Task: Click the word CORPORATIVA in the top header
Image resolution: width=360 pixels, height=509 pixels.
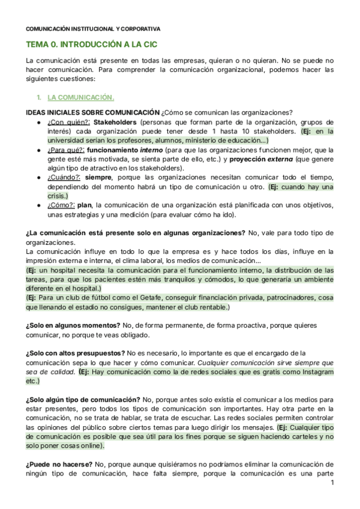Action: (148, 28)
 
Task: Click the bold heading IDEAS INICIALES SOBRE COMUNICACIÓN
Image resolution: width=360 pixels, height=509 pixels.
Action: (92, 113)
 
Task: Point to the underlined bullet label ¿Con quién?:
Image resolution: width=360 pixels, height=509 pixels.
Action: (64, 122)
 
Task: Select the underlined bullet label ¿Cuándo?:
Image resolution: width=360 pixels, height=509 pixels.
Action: (64, 178)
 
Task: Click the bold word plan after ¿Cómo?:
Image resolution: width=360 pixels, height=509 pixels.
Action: (94, 205)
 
